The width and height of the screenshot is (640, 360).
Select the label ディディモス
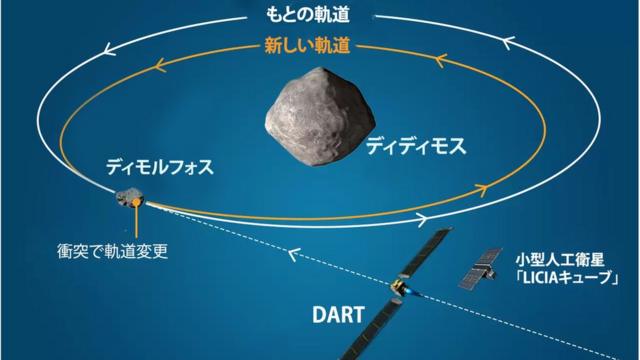416,146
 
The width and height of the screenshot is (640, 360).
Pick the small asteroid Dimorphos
128,204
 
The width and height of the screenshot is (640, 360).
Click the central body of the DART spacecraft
400,289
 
